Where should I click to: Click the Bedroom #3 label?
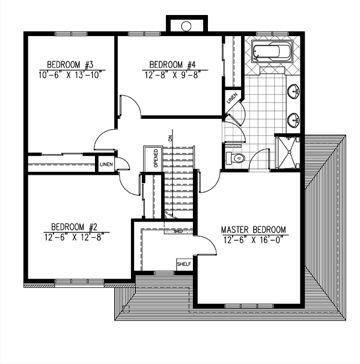click(x=70, y=64)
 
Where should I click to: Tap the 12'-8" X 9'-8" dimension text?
click(x=172, y=75)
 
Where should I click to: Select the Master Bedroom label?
click(x=254, y=229)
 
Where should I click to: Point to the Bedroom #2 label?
click(x=74, y=227)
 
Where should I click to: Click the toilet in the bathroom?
click(x=235, y=159)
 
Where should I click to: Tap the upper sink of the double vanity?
click(x=293, y=91)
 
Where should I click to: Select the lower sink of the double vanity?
click(x=293, y=120)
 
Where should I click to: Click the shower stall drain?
click(x=289, y=152)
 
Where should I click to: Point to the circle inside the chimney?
click(x=186, y=26)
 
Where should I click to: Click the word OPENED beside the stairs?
click(x=156, y=158)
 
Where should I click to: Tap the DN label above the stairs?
click(x=171, y=138)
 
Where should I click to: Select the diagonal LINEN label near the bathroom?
click(x=232, y=98)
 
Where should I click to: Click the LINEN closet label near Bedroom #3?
click(x=106, y=165)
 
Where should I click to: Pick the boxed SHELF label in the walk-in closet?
click(x=184, y=264)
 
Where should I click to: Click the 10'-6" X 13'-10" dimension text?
click(x=70, y=75)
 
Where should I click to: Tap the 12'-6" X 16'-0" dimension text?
click(x=254, y=240)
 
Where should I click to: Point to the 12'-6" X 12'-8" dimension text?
click(x=74, y=237)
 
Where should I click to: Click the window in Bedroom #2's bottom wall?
click(x=79, y=281)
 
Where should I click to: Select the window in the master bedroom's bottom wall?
click(x=249, y=306)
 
